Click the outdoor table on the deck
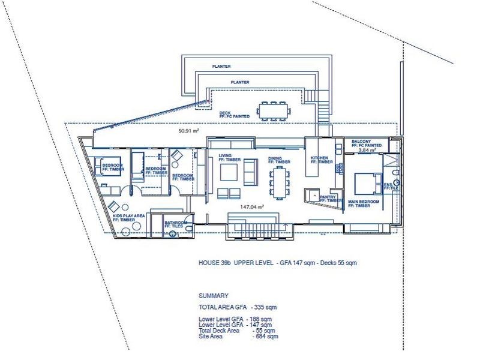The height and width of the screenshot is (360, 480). [274, 110]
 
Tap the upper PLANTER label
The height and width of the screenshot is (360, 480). [221, 67]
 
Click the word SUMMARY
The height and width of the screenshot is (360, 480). [213, 296]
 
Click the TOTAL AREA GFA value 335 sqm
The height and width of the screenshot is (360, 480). [265, 306]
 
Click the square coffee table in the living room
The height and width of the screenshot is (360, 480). [229, 173]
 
